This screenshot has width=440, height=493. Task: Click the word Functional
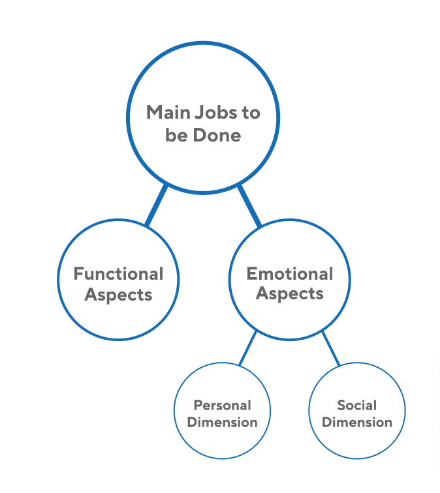pos(118,274)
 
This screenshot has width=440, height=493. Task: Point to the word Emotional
pos(290,274)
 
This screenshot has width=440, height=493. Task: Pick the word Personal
pos(222,406)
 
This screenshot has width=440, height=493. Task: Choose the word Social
pos(357,406)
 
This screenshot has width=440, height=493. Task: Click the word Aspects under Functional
pos(118,295)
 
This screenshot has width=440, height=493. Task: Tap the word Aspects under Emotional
pos(290,294)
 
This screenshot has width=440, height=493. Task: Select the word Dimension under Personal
pos(222,422)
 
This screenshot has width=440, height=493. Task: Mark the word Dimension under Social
pos(357,422)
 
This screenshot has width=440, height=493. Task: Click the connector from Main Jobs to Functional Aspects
pos(157,206)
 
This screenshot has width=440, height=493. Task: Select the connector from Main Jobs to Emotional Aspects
pos(249,206)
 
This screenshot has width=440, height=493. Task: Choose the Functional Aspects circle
pos(118,320)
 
